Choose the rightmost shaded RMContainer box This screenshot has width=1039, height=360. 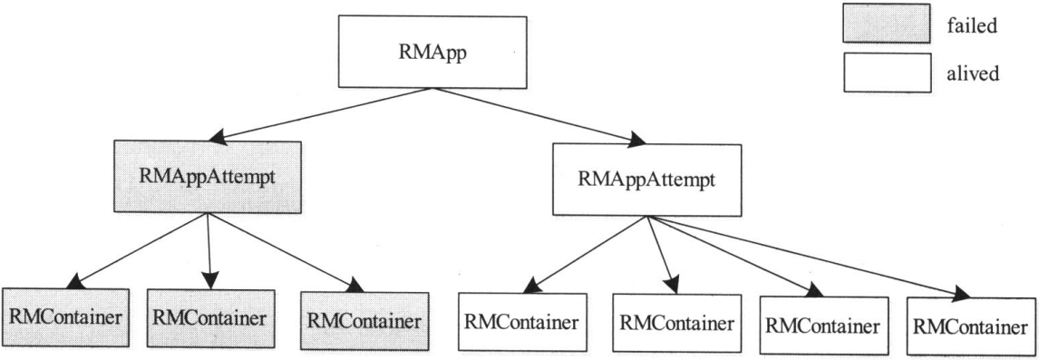364,320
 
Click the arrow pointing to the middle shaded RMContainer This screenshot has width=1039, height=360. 209,249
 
